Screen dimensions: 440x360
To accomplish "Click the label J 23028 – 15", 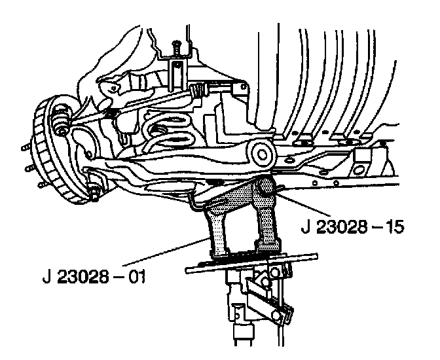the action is click(352, 226).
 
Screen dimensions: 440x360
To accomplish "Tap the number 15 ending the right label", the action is click(395, 226).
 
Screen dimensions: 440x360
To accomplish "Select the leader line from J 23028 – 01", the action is click(166, 252).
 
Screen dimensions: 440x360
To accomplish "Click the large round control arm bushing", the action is click(263, 154).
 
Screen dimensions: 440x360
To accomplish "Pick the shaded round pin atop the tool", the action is click(265, 187).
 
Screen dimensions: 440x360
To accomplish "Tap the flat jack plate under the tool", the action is click(251, 263).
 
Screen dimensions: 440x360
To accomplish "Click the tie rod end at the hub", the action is click(61, 120).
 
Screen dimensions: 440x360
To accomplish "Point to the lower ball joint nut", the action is click(94, 194).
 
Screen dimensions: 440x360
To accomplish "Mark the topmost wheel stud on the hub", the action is click(26, 147).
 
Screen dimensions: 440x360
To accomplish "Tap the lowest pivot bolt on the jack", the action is click(277, 315).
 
